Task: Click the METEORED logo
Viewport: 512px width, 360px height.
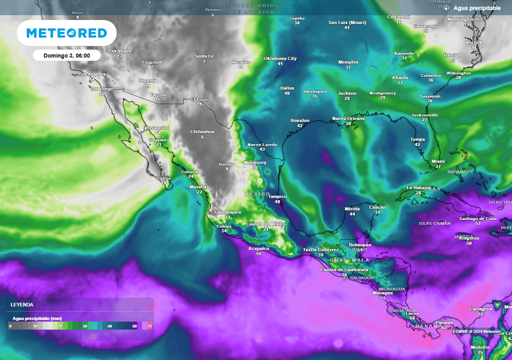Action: (66, 33)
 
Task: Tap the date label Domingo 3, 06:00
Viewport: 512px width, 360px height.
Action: (66, 55)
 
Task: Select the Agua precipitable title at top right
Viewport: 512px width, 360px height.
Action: (477, 8)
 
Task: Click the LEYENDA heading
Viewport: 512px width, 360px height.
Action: (22, 304)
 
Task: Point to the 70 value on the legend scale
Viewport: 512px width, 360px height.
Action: (149, 326)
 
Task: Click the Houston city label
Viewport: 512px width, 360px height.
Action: (300, 120)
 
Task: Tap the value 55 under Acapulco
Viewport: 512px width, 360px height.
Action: (258, 254)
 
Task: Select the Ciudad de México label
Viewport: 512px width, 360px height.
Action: (265, 224)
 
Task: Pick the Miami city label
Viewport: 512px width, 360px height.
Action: (438, 161)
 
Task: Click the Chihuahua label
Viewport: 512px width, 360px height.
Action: (202, 132)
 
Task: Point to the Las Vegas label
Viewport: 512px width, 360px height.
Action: (120, 51)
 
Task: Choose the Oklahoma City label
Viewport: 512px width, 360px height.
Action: (280, 58)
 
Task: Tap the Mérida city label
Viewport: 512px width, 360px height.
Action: (352, 208)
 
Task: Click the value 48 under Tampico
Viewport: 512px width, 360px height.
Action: (277, 202)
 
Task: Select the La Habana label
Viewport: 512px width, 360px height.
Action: (418, 187)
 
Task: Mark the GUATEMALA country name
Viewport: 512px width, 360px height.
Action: (349, 260)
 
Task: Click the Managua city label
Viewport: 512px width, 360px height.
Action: (382, 293)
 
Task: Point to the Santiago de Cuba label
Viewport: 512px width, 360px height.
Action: (477, 218)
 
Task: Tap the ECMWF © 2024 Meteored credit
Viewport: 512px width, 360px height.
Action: (476, 331)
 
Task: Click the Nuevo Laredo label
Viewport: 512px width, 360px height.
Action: (262, 144)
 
